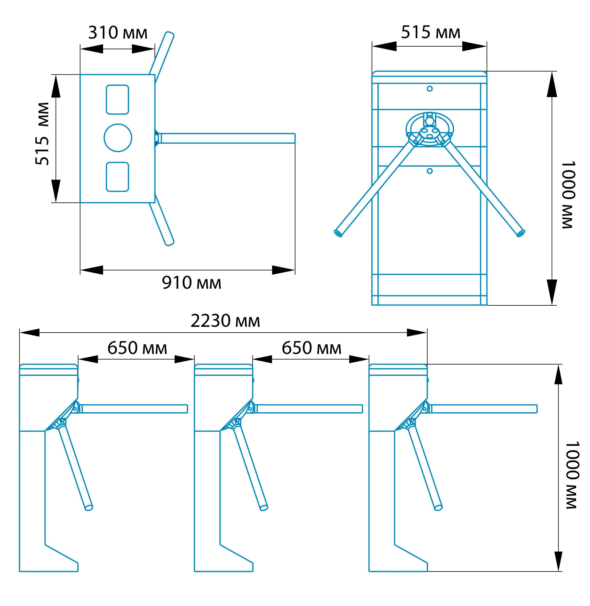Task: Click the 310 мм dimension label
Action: pos(118,33)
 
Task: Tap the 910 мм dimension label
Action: pos(192,283)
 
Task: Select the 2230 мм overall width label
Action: pos(225,321)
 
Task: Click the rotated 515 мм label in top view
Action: pos(42,134)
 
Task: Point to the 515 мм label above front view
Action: pos(431,32)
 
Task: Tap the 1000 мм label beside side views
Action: pos(571,475)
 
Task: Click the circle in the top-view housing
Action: pos(118,138)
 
